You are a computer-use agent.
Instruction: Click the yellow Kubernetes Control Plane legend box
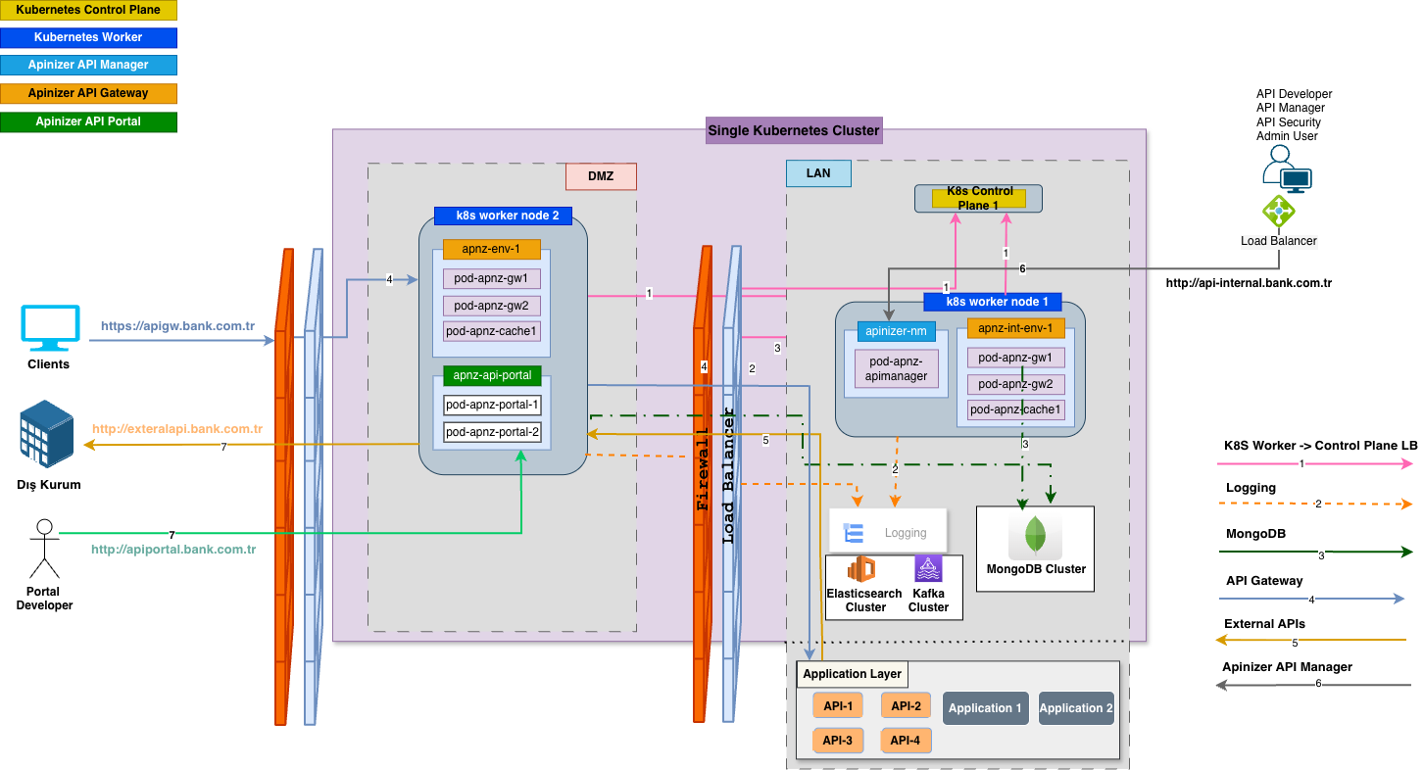(x=88, y=11)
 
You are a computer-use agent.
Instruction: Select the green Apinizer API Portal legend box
(x=88, y=121)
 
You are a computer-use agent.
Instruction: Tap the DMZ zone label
(x=601, y=176)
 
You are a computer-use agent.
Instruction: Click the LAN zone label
(x=818, y=173)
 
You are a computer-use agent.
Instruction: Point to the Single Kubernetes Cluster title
(x=794, y=130)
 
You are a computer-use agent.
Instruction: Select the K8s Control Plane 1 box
(x=978, y=198)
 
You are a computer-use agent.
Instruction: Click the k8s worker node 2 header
(x=502, y=216)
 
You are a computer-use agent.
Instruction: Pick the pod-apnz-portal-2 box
(x=492, y=432)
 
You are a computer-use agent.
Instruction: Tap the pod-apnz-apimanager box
(x=897, y=369)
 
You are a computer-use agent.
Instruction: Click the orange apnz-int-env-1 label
(x=1015, y=328)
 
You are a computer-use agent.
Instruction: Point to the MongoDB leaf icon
(x=1035, y=536)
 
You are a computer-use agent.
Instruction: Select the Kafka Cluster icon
(x=928, y=569)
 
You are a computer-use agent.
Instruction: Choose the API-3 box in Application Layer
(x=837, y=741)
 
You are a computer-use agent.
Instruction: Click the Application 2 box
(x=1076, y=708)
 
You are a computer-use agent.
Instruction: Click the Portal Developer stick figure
(x=43, y=549)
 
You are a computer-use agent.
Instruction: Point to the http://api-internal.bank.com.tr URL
(x=1248, y=283)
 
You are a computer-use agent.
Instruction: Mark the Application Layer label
(x=852, y=674)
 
